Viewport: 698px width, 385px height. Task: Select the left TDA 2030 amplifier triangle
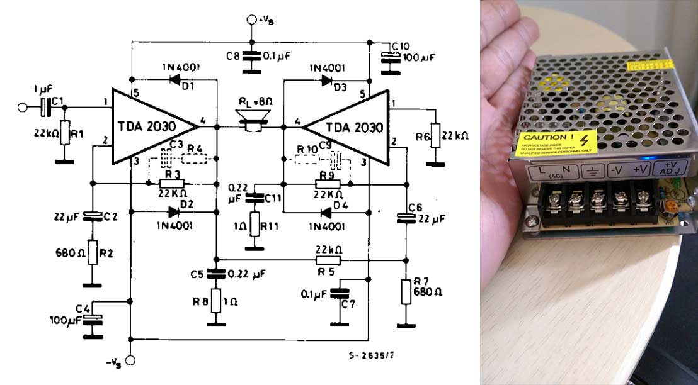tap(148, 126)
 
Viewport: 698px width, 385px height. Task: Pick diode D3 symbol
tap(326, 79)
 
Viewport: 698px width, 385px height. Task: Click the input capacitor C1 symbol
tap(45, 108)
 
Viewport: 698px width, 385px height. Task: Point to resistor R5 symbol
tap(328, 260)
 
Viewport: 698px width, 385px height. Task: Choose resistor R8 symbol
tap(216, 301)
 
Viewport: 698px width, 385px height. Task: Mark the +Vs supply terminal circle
tap(250, 21)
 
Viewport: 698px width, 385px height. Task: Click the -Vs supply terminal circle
tap(131, 360)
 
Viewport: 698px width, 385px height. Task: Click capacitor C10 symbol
tap(391, 57)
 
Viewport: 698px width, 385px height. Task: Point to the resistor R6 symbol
tap(433, 136)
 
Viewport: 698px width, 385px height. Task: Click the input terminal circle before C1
tap(23, 108)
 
